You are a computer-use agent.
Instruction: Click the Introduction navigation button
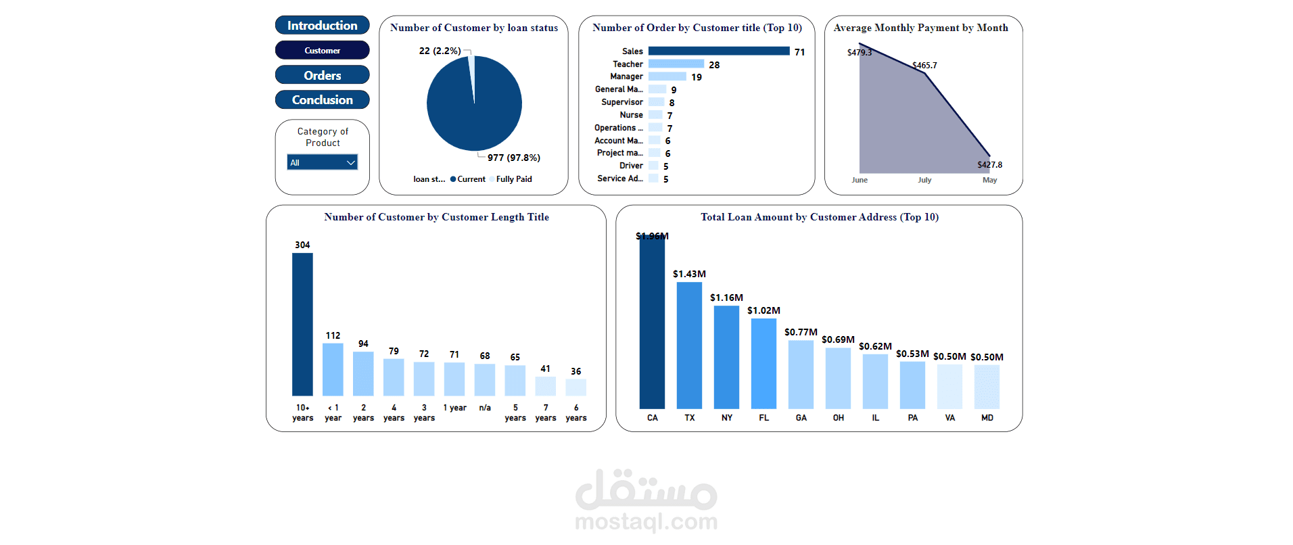coord(322,26)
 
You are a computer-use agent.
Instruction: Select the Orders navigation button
coord(322,75)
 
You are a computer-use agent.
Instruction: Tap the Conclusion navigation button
coord(322,100)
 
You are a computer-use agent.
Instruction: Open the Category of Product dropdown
coord(322,162)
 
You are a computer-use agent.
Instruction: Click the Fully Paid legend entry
coord(513,179)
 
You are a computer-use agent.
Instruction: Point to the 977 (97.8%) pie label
coord(513,158)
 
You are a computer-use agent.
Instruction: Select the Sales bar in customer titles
coord(718,51)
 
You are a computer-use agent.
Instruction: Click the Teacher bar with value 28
coord(676,64)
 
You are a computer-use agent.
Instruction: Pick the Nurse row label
coord(631,115)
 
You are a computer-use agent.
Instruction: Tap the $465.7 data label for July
coord(924,66)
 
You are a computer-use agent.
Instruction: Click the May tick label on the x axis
coord(989,180)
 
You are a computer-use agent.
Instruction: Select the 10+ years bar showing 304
coord(302,325)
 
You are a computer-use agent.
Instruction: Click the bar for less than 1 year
coord(333,369)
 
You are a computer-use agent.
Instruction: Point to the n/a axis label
coord(485,408)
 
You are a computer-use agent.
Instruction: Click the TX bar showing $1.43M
coord(689,345)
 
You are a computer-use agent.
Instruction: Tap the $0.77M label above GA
coord(801,332)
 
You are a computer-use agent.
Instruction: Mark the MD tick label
coord(987,418)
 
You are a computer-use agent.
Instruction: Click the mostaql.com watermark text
coord(646,521)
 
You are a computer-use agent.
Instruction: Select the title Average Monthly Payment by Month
coord(920,28)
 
